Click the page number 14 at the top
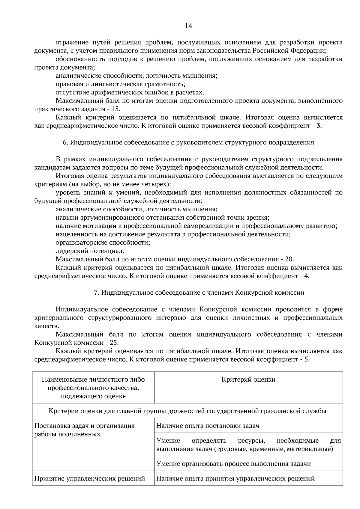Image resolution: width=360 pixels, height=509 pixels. tap(188, 26)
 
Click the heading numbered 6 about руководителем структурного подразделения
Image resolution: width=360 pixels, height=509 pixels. tap(188, 142)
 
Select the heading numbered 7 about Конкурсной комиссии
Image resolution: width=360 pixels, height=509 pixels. tap(199, 293)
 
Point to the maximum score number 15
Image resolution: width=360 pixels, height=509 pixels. tap(116, 109)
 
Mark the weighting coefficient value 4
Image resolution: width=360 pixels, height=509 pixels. tap(307, 276)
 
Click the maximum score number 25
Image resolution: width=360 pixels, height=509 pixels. tap(113, 342)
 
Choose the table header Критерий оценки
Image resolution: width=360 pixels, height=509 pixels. tap(248, 380)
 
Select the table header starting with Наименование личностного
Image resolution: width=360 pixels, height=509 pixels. tap(93, 388)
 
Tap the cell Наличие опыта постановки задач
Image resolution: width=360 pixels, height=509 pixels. tap(208, 426)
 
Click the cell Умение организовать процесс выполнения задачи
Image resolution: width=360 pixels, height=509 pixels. tap(233, 464)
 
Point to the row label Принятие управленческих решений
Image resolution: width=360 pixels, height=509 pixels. tap(90, 478)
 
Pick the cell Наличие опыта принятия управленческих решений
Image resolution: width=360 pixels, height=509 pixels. tap(235, 478)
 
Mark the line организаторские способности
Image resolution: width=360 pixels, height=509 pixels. tap(103, 243)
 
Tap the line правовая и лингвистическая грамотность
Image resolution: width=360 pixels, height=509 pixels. tap(120, 84)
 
